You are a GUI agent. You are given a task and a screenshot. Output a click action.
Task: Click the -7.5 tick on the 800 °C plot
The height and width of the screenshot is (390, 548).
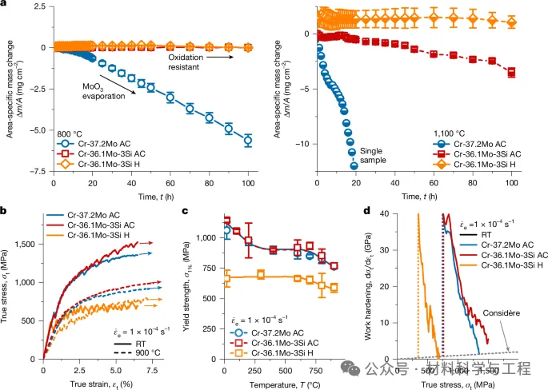[x=35, y=171]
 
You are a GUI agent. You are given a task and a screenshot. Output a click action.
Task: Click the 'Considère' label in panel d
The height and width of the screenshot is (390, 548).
[x=502, y=313]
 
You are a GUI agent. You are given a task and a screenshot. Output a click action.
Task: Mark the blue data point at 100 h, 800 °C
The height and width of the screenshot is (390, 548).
[x=248, y=140]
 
